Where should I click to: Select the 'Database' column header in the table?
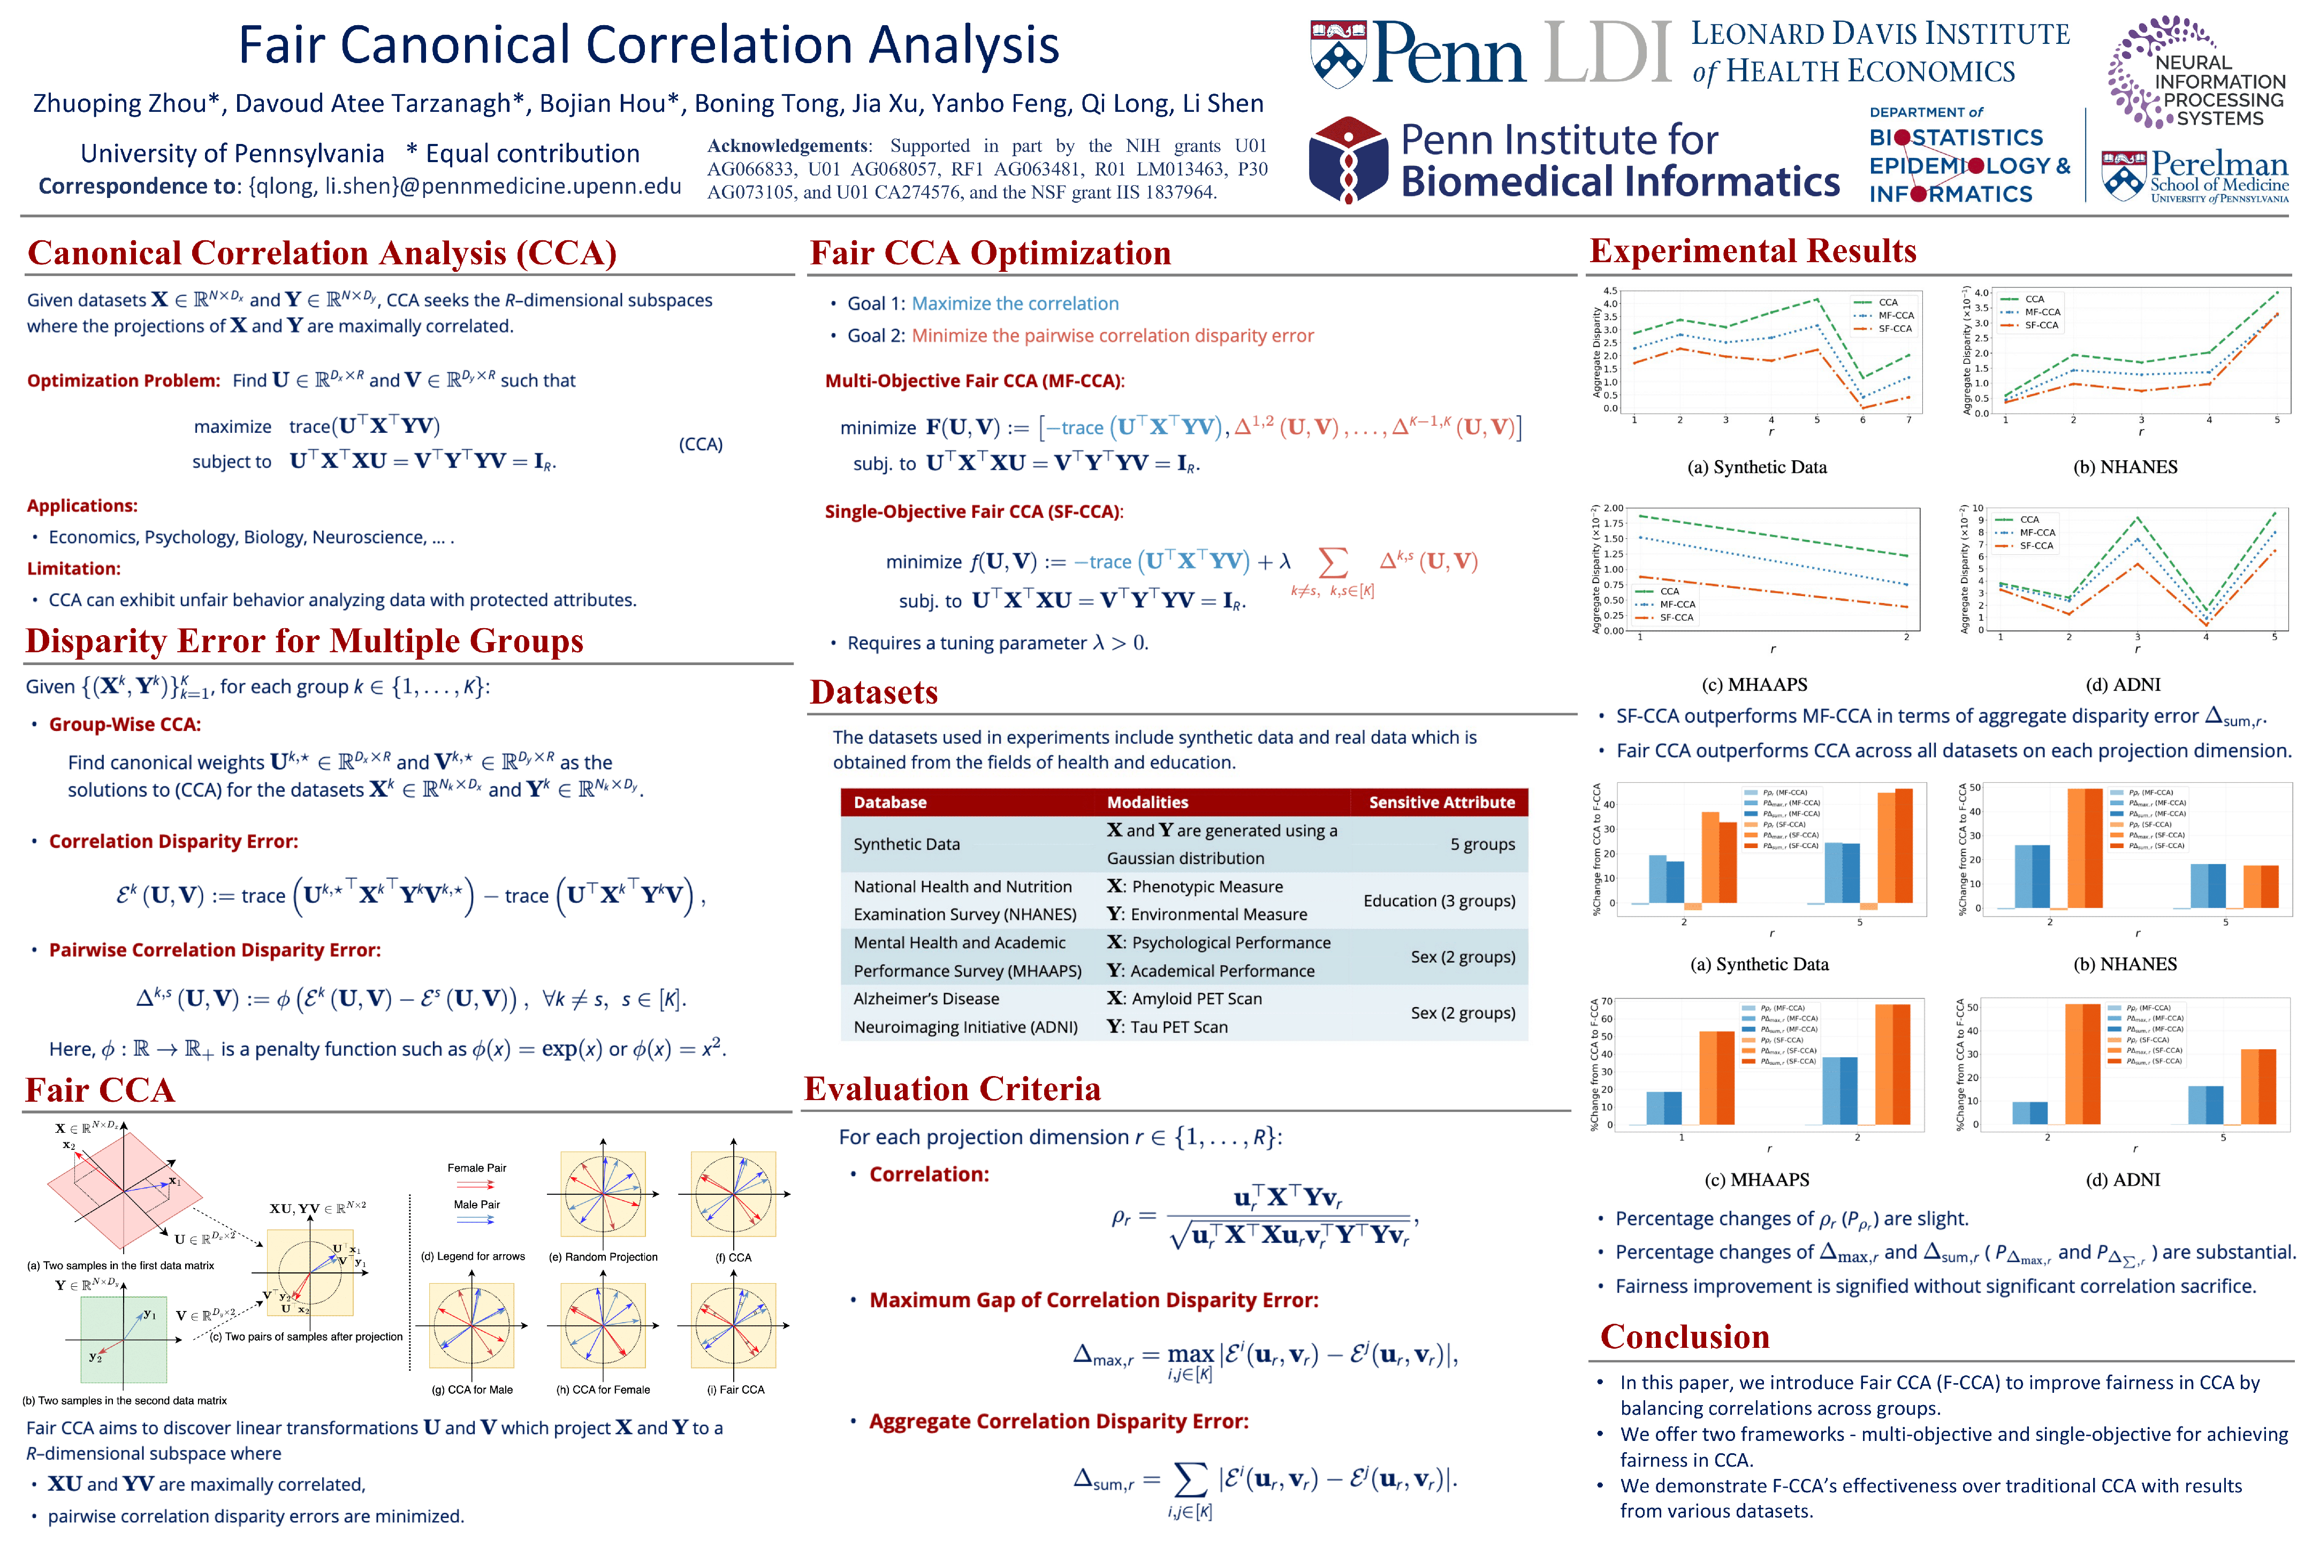[x=889, y=802]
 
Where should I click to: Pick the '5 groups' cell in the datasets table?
[x=1481, y=844]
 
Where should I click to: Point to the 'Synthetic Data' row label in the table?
[x=906, y=844]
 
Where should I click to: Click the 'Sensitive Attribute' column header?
[x=1441, y=802]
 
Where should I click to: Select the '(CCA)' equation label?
[x=700, y=444]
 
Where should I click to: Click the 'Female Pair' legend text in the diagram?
[x=477, y=1168]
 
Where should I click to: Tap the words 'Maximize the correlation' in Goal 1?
[x=1015, y=304]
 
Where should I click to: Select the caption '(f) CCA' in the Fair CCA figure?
[x=733, y=1257]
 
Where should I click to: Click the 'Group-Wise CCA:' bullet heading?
[x=125, y=724]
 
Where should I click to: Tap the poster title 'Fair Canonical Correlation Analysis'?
[x=649, y=45]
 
